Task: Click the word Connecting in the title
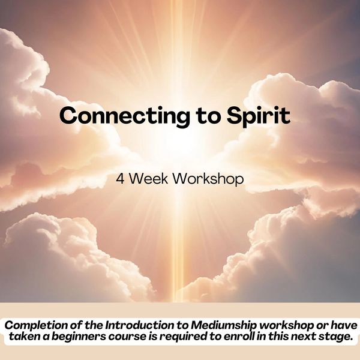[x=125, y=116]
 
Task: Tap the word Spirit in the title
[x=259, y=116]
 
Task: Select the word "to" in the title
[x=208, y=116]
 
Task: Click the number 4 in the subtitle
[x=120, y=179]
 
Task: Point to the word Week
[x=149, y=178]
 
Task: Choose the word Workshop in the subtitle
[x=208, y=179]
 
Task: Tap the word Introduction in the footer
[x=140, y=325]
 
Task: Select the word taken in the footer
[x=22, y=337]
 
